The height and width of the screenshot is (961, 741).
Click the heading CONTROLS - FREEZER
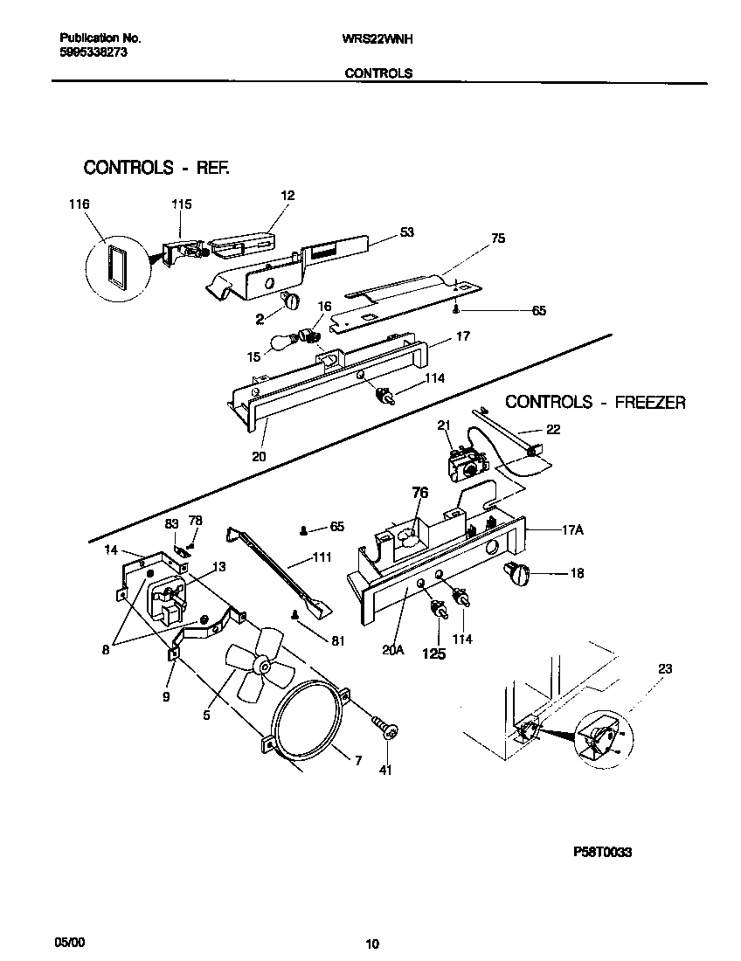click(596, 403)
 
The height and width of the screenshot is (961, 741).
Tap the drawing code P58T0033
click(602, 852)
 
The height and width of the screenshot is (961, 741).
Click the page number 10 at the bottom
click(371, 944)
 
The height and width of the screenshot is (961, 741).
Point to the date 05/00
click(70, 942)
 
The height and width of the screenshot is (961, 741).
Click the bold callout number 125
click(434, 652)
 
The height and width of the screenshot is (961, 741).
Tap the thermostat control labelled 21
click(465, 462)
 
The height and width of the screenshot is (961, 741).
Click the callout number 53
click(406, 232)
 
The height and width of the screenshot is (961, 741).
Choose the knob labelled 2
click(291, 301)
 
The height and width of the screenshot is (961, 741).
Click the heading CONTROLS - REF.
click(156, 168)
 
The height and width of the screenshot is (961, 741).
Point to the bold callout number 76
click(419, 494)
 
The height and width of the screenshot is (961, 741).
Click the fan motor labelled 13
click(168, 596)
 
